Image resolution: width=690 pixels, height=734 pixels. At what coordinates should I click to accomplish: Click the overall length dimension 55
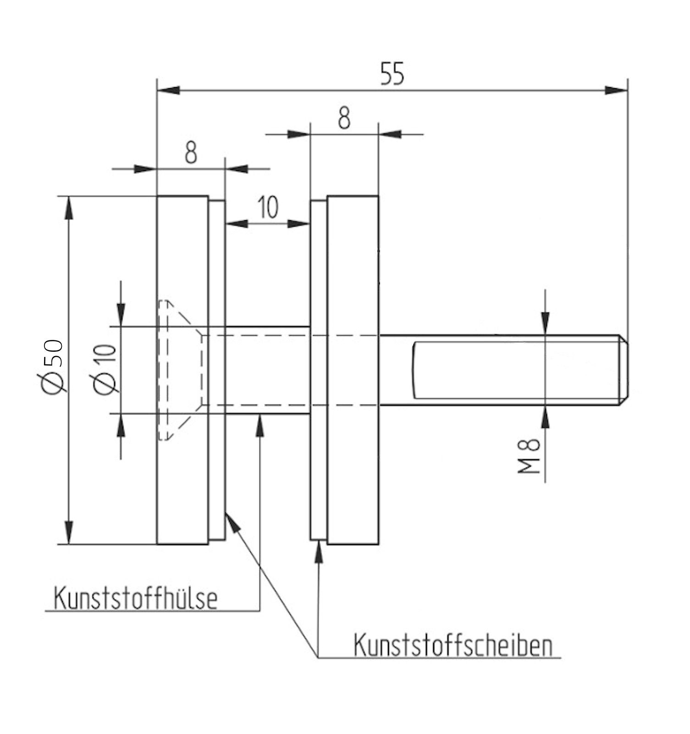(392, 75)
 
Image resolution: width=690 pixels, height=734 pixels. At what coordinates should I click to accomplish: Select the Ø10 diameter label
(105, 369)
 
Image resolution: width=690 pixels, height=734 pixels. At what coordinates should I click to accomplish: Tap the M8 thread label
(530, 456)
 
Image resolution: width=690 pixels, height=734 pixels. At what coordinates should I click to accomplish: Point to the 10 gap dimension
(267, 207)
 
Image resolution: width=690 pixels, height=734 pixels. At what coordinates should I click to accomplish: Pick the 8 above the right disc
(344, 118)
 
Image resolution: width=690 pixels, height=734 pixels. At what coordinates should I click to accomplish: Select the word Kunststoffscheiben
(453, 646)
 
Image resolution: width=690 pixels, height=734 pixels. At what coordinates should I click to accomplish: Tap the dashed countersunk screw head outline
(179, 370)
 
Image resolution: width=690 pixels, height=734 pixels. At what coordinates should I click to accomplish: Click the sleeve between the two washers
(268, 370)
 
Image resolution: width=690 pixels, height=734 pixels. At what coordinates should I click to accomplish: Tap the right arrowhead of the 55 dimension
(617, 90)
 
